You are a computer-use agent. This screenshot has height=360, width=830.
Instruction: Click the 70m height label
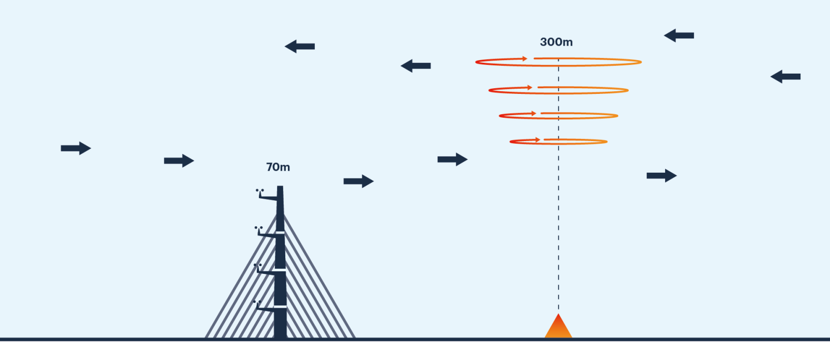pos(278,167)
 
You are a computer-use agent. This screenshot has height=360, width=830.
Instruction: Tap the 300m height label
pos(556,42)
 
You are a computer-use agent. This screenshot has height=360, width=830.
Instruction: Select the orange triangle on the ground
pos(558,326)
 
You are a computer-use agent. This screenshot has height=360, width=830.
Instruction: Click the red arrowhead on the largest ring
pos(524,59)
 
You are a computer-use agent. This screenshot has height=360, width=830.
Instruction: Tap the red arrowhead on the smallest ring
pos(537,140)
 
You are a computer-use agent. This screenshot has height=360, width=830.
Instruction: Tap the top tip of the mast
pos(280,186)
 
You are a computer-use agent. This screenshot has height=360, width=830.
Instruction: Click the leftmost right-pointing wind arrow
pos(76,148)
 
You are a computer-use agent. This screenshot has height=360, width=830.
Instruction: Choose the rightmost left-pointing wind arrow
pos(785,77)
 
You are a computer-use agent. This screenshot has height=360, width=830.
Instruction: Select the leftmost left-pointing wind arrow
pos(299,46)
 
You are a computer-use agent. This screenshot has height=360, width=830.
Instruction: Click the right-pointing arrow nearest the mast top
pos(358,181)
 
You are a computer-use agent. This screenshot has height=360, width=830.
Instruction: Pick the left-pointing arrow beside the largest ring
pos(416,66)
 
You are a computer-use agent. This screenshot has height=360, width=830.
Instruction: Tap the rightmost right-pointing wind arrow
pos(662,175)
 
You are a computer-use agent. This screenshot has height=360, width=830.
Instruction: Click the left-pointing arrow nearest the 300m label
pos(679,36)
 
